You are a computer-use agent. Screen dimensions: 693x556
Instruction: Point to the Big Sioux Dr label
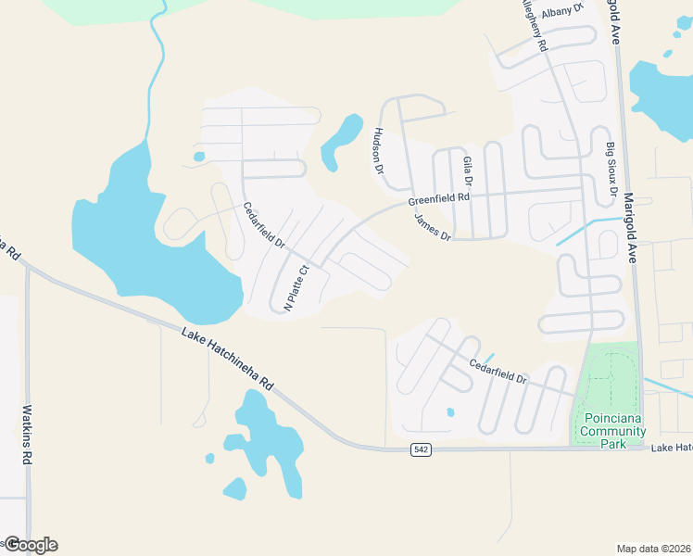611,169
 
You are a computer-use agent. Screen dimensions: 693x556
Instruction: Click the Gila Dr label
468,173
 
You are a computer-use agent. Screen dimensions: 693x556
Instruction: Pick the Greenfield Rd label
439,199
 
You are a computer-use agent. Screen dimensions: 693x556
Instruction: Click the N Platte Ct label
296,288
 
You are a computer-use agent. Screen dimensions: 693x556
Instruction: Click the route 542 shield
421,449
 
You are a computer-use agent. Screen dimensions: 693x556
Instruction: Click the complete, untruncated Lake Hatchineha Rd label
228,357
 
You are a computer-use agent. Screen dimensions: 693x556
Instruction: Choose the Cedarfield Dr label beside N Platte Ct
264,225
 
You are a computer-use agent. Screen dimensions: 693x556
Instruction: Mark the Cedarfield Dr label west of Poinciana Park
498,371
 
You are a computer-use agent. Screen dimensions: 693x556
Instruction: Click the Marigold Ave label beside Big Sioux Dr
631,227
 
